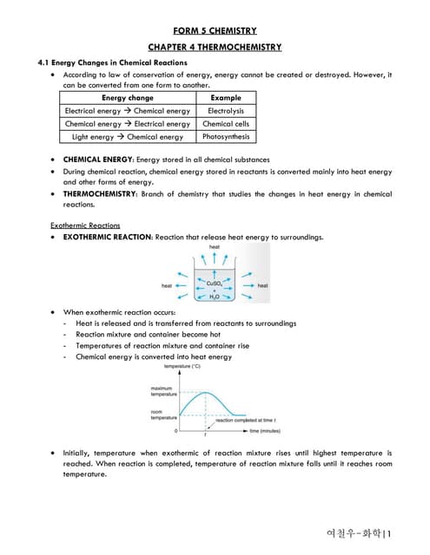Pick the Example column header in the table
point(226,98)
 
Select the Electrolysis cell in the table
point(226,111)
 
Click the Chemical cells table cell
point(226,124)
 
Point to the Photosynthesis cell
point(226,137)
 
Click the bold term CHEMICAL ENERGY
point(98,160)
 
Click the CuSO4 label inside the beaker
point(215,283)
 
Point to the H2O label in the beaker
point(215,297)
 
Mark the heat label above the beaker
point(215,247)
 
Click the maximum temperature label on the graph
point(163,391)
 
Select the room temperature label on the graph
point(163,415)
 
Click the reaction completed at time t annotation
point(246,421)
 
